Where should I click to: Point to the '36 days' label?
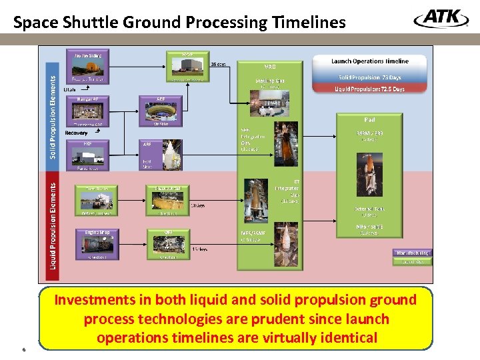217,65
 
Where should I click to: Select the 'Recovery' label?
76,133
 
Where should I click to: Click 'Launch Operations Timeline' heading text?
370,61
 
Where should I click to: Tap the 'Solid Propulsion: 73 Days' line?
370,77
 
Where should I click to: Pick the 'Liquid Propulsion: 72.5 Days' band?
370,89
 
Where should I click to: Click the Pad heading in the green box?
369,120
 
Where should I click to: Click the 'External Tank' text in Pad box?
369,209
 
